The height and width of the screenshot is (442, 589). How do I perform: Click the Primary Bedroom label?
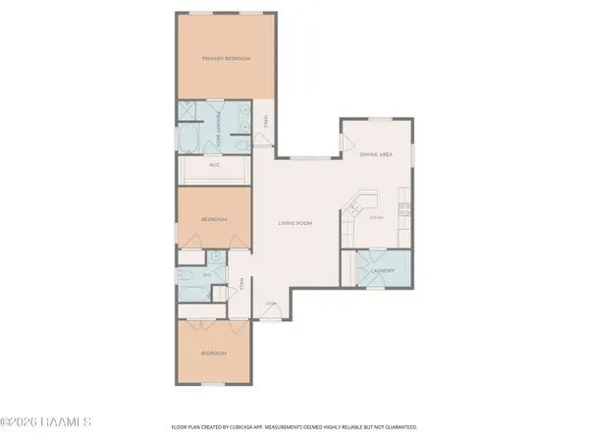point(226,59)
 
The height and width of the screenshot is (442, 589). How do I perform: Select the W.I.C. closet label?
point(215,166)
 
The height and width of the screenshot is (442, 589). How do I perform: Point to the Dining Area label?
point(377,155)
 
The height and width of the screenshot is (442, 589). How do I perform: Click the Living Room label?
point(296,223)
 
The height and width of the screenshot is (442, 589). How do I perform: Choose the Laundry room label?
point(382,271)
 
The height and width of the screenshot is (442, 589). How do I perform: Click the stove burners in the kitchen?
point(403,208)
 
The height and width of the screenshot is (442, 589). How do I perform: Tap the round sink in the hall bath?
point(214,256)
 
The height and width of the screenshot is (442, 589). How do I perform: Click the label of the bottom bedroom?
point(214,353)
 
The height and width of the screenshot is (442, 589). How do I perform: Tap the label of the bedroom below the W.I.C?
point(214,218)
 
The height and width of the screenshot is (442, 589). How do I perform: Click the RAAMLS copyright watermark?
point(46,422)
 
